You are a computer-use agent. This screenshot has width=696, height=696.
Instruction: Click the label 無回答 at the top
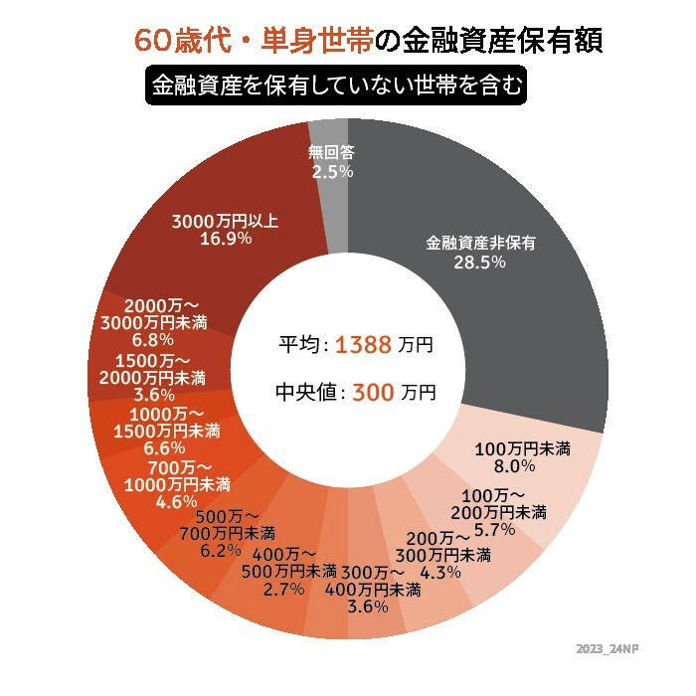332,153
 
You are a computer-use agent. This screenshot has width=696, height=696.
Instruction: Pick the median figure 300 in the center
373,392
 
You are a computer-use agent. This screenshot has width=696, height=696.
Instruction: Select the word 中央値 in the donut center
307,392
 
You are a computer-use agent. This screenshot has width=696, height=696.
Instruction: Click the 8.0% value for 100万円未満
515,464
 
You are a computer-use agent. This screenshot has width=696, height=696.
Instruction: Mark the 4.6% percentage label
177,501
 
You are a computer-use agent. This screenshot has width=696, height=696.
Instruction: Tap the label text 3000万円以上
226,221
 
